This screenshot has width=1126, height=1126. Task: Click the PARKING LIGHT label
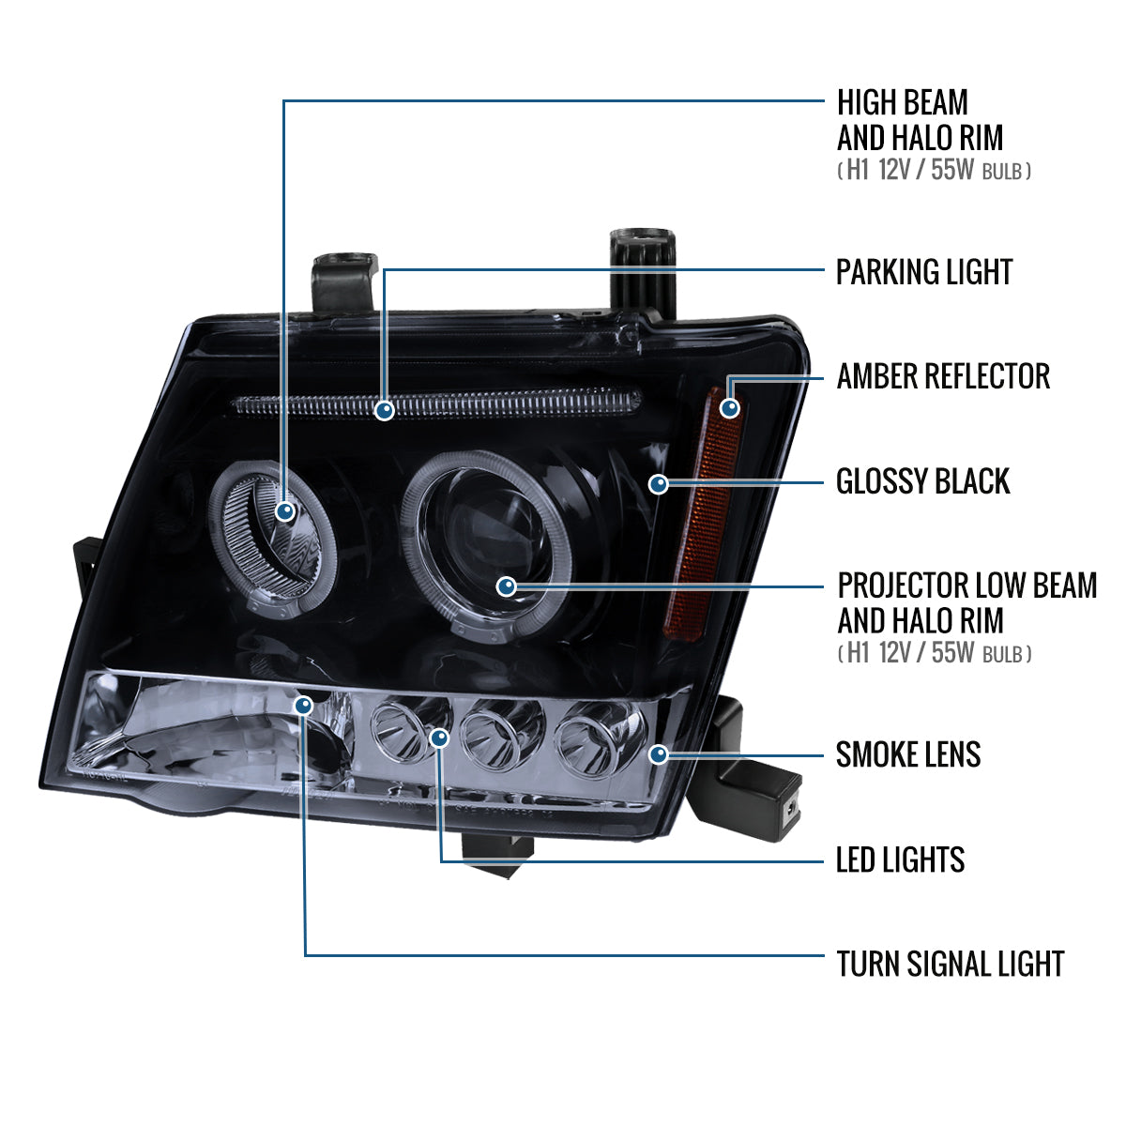(x=924, y=272)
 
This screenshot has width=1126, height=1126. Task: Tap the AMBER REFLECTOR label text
(x=943, y=376)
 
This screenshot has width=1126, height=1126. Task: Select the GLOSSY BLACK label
(x=923, y=481)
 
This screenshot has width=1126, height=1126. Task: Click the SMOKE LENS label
(x=908, y=754)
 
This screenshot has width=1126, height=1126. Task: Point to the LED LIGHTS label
(x=900, y=860)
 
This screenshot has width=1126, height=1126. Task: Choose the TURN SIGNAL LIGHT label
(x=950, y=964)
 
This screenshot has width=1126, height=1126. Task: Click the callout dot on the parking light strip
(x=384, y=410)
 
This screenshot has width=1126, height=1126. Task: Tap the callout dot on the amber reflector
(x=729, y=407)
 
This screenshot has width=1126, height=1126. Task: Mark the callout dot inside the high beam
(x=286, y=511)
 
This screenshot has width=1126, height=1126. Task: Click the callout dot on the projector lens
(x=507, y=587)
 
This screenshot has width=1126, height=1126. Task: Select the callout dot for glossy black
(x=659, y=484)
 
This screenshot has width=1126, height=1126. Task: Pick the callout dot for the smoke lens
(x=659, y=753)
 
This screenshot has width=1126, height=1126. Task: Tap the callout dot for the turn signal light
(x=304, y=704)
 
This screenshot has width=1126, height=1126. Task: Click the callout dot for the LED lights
(x=439, y=738)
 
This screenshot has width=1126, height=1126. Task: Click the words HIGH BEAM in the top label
(x=902, y=102)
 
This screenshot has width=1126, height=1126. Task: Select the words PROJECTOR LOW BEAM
(x=966, y=586)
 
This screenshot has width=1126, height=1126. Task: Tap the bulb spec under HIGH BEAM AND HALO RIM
(x=934, y=171)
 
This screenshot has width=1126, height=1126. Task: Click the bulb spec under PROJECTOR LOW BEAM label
(x=934, y=653)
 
